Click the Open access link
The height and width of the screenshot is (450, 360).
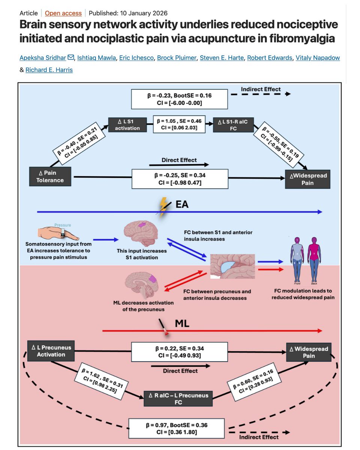(63, 13)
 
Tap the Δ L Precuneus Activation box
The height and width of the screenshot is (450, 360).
(49, 351)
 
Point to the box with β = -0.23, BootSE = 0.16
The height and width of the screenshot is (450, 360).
(179, 99)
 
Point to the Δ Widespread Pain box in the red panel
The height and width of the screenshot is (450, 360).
(309, 352)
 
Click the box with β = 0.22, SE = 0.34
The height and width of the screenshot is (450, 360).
(180, 352)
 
